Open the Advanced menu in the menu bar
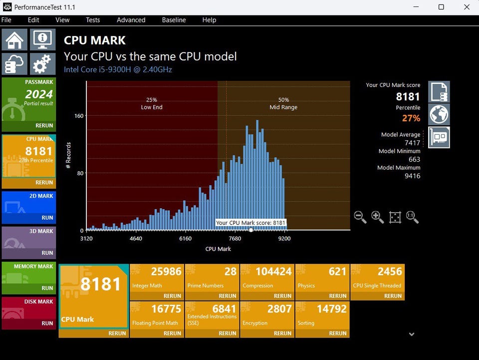[131, 20]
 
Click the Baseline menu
[174, 20]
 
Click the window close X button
[466, 7]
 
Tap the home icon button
[14, 39]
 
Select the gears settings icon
[42, 64]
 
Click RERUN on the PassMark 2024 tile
[44, 126]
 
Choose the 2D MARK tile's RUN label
[47, 218]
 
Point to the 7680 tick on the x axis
[235, 239]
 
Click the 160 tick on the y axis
[79, 116]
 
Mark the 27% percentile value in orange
[411, 118]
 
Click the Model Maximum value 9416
[412, 176]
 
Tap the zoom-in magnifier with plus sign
[377, 217]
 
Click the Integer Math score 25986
[166, 272]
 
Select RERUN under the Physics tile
[338, 296]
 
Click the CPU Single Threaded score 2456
[390, 272]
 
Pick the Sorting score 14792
[331, 309]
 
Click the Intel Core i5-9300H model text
[118, 70]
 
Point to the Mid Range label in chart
[283, 107]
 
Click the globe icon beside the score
[439, 115]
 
